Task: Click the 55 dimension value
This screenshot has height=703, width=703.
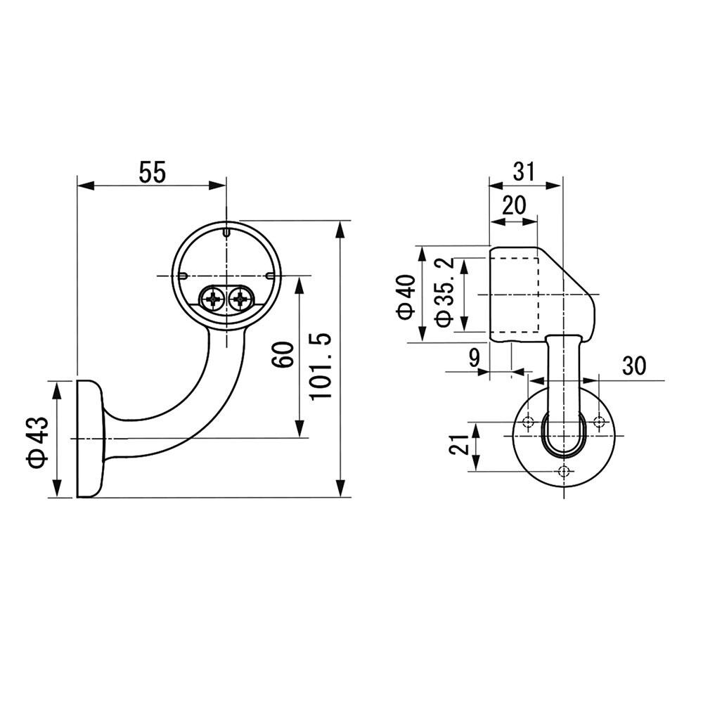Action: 152,173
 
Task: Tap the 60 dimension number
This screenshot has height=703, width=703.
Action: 283,354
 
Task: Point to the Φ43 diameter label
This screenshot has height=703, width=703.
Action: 37,442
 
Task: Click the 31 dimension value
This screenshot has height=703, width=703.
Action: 524,171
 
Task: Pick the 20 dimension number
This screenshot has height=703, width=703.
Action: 513,206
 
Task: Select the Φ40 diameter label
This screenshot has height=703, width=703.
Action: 406,297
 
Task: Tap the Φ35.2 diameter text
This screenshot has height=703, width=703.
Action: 444,292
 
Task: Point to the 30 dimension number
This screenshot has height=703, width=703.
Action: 634,366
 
